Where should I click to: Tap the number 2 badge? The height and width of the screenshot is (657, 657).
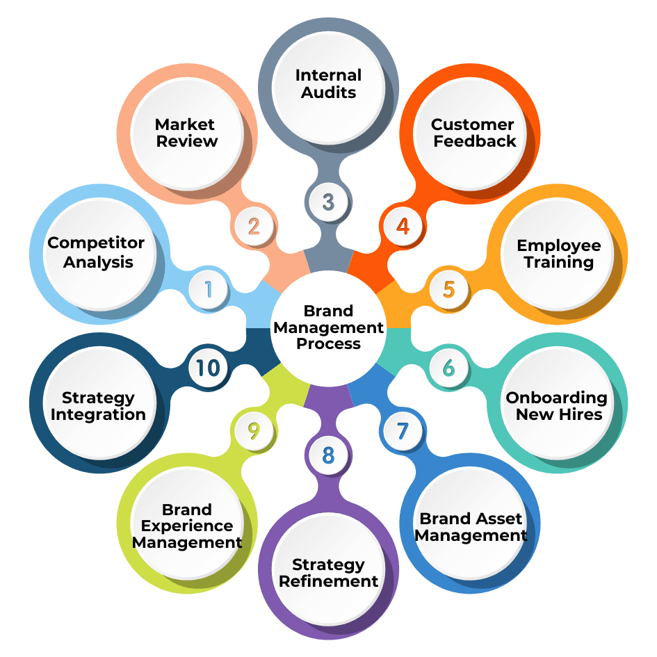(x=254, y=227)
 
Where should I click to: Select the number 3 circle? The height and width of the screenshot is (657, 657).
(x=328, y=202)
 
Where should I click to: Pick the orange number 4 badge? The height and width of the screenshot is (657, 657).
(x=403, y=227)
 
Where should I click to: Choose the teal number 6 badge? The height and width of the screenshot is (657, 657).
(x=448, y=368)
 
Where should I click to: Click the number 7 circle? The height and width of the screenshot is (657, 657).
(x=403, y=430)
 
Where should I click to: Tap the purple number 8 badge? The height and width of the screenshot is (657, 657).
(x=328, y=455)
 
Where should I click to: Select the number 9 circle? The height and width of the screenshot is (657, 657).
(x=254, y=430)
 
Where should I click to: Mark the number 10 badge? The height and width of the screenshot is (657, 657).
(x=208, y=368)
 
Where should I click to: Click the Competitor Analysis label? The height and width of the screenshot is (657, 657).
(x=96, y=252)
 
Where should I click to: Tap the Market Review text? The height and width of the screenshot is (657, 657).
(x=186, y=133)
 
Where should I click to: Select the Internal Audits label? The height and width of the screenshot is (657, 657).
(x=328, y=83)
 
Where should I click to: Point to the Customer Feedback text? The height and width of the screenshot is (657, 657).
(x=473, y=133)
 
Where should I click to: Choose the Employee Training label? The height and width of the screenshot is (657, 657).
(x=559, y=254)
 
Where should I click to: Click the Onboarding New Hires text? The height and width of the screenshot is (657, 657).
(x=557, y=406)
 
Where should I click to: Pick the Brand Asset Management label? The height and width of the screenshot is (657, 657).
(x=471, y=527)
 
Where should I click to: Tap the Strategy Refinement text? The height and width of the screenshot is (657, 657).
(x=328, y=573)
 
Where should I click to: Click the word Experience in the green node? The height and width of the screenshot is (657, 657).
(x=187, y=526)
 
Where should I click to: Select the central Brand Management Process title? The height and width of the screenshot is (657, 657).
(x=329, y=327)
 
